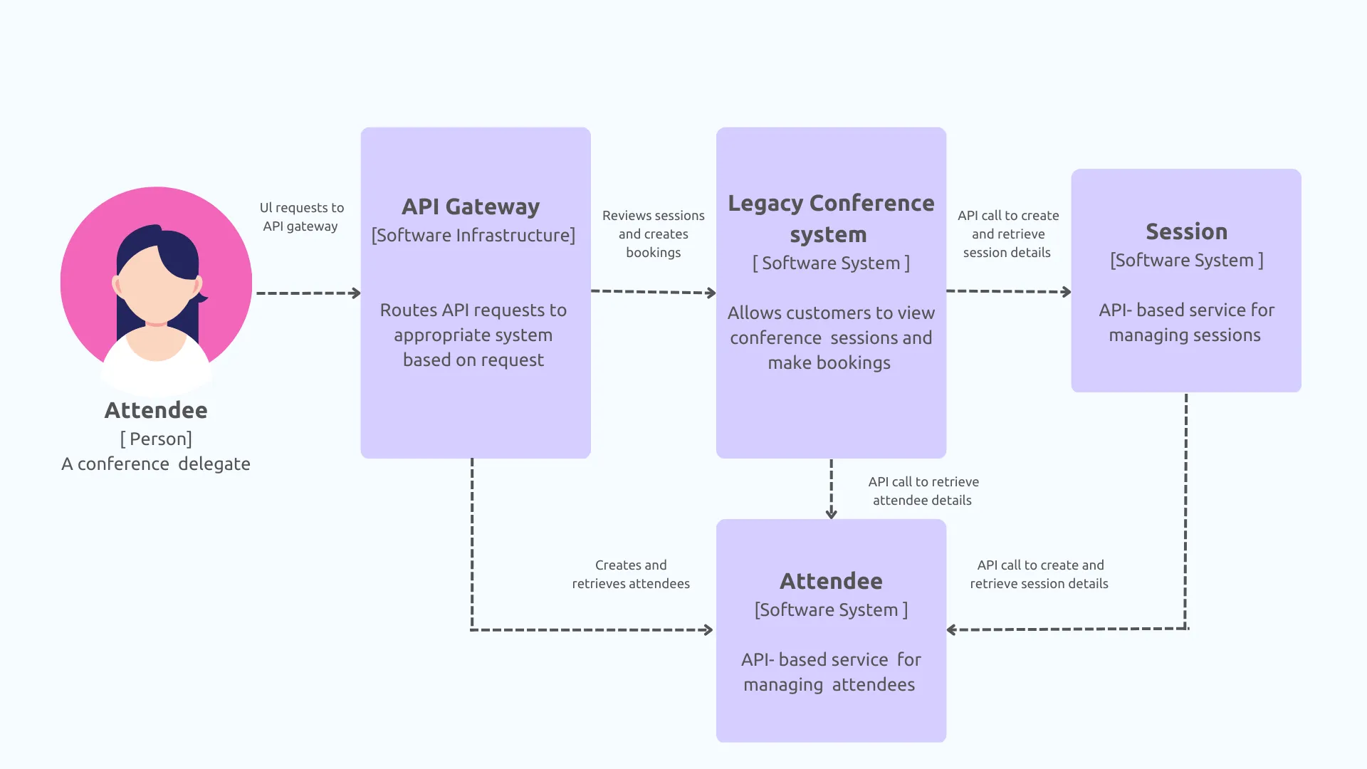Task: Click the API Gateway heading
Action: tap(471, 206)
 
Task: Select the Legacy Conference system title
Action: tap(831, 219)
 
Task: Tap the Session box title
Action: tap(1186, 231)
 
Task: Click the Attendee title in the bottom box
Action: tap(831, 581)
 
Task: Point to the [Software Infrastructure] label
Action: tap(473, 236)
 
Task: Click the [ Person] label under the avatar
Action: tap(156, 439)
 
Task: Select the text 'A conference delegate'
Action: tap(156, 464)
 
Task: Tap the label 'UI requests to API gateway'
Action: tap(301, 217)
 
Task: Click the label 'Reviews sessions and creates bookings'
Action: tap(654, 234)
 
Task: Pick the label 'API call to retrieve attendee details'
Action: tap(923, 491)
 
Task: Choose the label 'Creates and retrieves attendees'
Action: tap(631, 575)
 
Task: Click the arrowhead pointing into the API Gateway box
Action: tap(356, 293)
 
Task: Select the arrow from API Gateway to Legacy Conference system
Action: tap(654, 292)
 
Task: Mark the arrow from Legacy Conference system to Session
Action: tap(1009, 291)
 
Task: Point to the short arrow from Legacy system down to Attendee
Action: tap(831, 489)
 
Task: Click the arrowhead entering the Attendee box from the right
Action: tap(952, 630)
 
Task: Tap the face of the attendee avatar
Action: tap(155, 285)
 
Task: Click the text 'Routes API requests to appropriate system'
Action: tap(473, 323)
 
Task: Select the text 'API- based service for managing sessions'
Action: tap(1186, 323)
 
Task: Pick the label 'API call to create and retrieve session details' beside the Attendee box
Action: tap(1039, 575)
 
